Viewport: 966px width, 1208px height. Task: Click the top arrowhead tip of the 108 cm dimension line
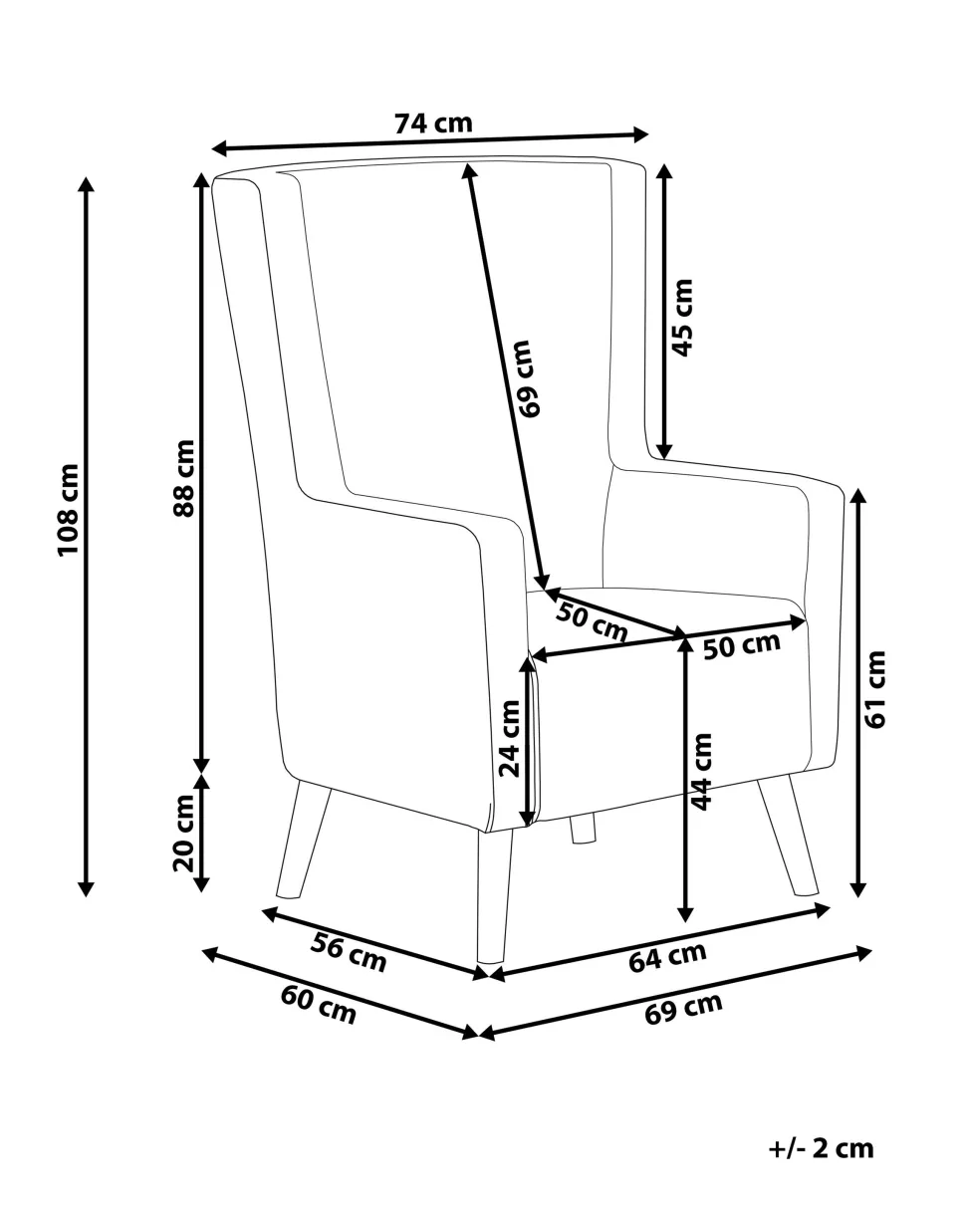tap(86, 177)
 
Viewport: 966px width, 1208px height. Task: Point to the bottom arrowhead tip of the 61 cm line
tap(858, 897)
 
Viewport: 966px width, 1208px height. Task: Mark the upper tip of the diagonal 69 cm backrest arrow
tap(466, 162)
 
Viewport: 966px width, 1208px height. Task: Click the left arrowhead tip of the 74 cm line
tap(211, 149)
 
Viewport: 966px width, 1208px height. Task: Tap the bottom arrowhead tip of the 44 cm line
tap(685, 922)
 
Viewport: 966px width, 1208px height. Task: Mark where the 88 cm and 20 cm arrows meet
tap(201, 774)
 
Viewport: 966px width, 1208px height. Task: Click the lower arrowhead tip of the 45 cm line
tap(664, 459)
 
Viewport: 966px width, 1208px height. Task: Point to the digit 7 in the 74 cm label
tap(403, 123)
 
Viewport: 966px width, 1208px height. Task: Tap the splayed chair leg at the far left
tap(303, 840)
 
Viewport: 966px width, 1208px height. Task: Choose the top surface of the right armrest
tap(730, 473)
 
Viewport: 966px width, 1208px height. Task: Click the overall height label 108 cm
tap(69, 510)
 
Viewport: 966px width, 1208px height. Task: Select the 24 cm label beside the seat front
tap(510, 738)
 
